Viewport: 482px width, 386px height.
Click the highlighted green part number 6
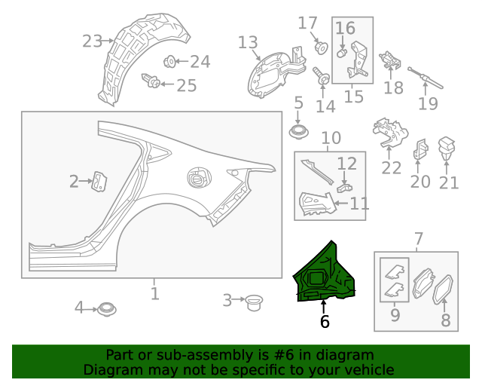(x=325, y=274)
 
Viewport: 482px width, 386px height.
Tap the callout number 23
(x=92, y=41)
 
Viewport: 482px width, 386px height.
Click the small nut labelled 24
(x=169, y=61)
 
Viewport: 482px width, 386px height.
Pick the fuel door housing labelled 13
(x=271, y=72)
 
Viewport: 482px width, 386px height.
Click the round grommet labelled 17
(x=322, y=47)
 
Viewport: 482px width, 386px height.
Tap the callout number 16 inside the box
(x=345, y=29)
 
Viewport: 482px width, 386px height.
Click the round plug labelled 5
(x=299, y=132)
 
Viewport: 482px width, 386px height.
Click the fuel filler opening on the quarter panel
(x=197, y=179)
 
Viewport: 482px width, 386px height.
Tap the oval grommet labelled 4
(x=105, y=308)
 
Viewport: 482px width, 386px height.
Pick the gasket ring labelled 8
(x=444, y=291)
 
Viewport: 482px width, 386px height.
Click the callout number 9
(x=395, y=315)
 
